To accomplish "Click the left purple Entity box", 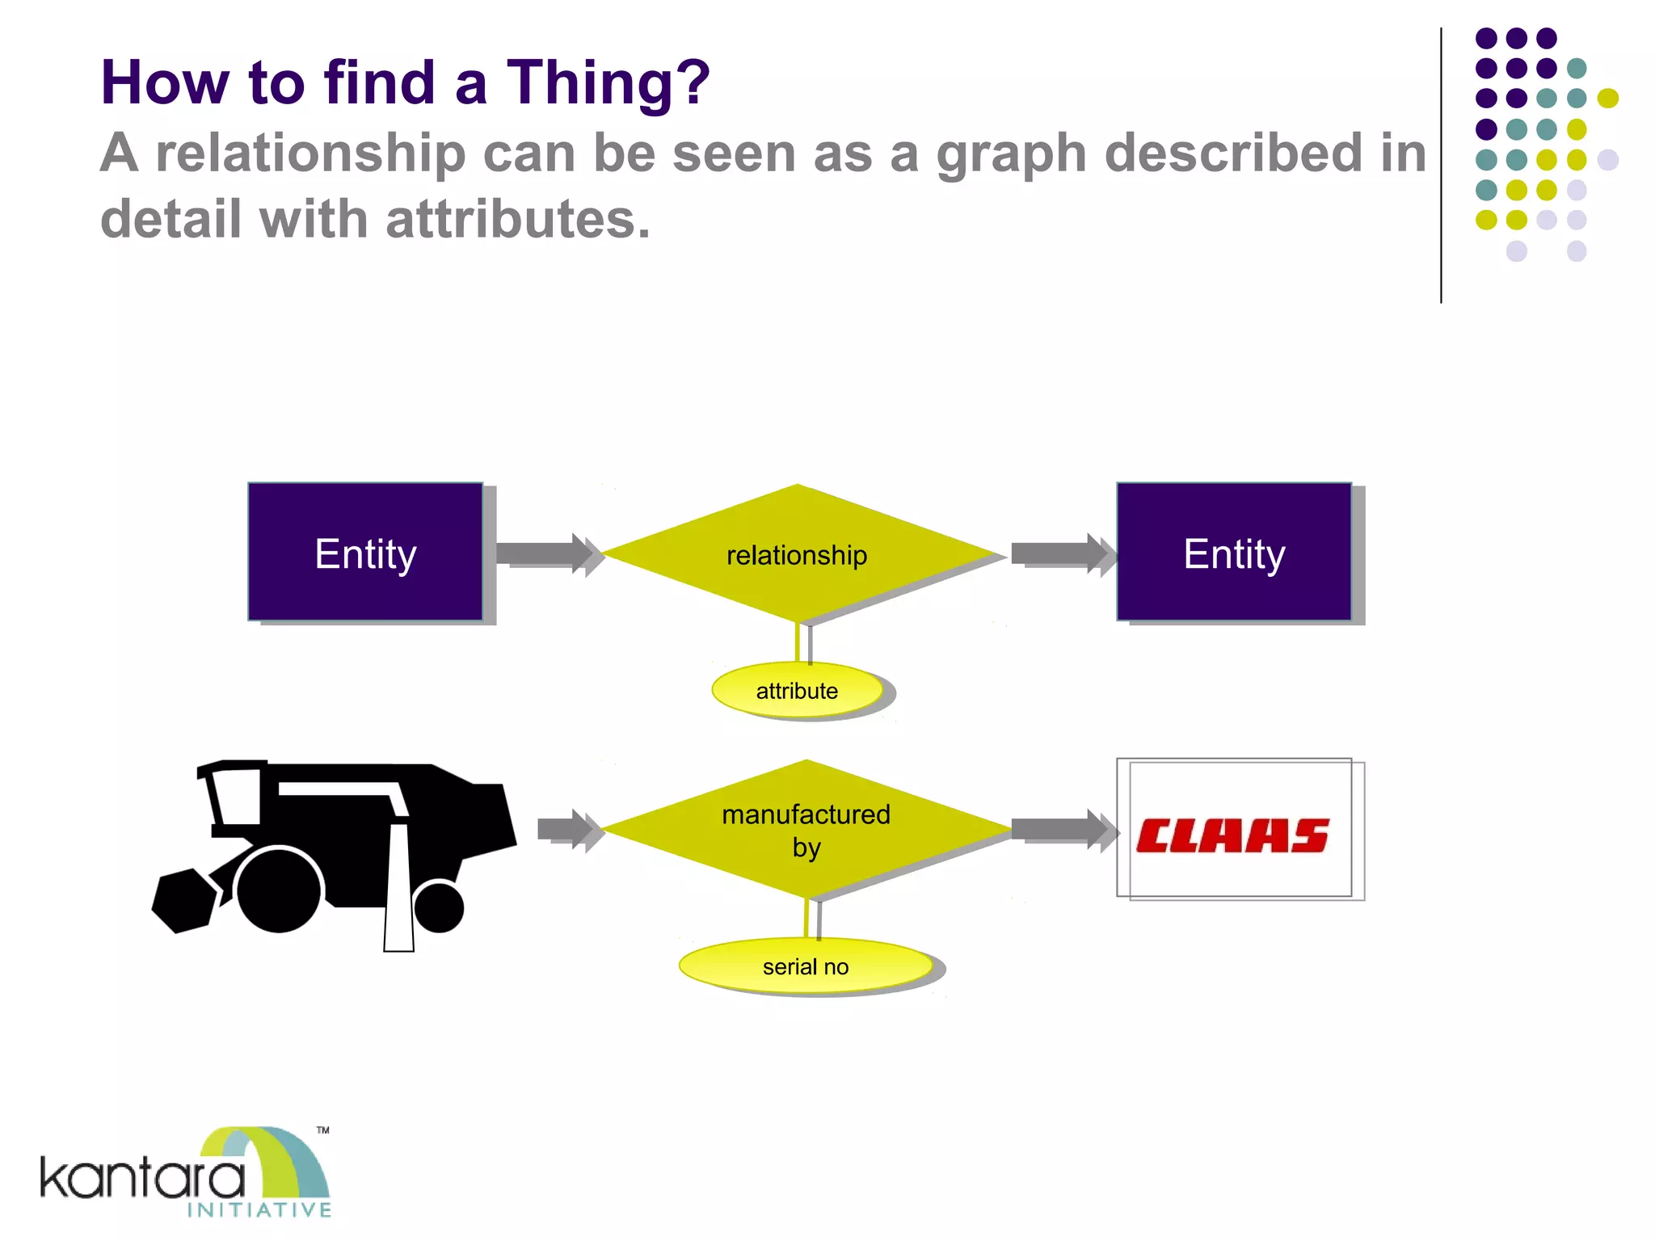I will (x=365, y=552).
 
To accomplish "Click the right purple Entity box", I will (x=1234, y=552).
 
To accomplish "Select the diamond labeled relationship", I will (x=798, y=554).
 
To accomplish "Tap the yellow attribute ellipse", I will (x=798, y=690).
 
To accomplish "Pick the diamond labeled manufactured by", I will (x=806, y=830).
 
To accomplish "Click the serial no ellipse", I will (x=806, y=966).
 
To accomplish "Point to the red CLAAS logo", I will (x=1232, y=835).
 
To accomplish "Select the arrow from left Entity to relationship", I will (x=545, y=553).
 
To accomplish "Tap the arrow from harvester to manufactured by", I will (x=568, y=829).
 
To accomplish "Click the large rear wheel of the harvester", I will (x=278, y=890).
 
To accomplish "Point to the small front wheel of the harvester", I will (x=439, y=907).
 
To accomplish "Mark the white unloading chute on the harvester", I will (x=398, y=889).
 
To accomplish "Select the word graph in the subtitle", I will (x=1010, y=154).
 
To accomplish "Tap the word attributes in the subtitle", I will (x=517, y=220).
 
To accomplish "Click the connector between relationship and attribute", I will (x=799, y=644).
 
